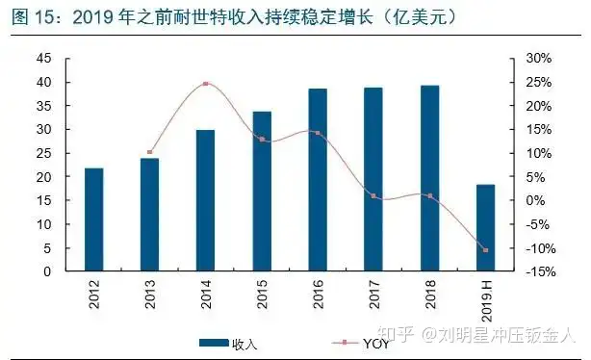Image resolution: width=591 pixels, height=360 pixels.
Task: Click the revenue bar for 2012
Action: tap(94, 219)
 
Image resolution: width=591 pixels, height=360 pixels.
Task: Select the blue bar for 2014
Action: tap(205, 200)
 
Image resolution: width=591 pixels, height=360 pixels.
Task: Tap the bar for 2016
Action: tap(318, 180)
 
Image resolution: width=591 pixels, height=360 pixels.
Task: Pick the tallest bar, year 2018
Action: tap(430, 178)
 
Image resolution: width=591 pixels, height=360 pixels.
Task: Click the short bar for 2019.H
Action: tap(485, 228)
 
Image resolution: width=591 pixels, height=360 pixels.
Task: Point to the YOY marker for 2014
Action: tap(205, 84)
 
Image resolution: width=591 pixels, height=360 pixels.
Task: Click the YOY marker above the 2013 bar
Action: tap(149, 152)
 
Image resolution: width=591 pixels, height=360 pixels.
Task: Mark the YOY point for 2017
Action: tap(373, 196)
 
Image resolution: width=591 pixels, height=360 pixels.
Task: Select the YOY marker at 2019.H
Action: tap(485, 250)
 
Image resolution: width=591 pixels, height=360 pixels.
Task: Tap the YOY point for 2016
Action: tap(318, 133)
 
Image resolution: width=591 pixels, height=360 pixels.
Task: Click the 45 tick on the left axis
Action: tap(43, 59)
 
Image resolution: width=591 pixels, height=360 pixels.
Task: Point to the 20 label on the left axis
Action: tap(43, 177)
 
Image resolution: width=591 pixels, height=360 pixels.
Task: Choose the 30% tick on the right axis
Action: tap(539, 59)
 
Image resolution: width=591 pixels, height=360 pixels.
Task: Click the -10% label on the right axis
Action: tap(541, 248)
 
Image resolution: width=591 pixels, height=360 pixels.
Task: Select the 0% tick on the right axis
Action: tap(535, 200)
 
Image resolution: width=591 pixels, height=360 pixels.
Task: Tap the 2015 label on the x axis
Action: tap(262, 294)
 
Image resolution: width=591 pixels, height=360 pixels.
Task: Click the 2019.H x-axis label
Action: tap(487, 300)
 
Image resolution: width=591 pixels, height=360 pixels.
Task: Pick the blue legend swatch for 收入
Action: tap(214, 343)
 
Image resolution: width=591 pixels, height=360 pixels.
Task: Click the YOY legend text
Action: tap(375, 344)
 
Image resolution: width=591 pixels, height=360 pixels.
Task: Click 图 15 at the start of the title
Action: tap(34, 17)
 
